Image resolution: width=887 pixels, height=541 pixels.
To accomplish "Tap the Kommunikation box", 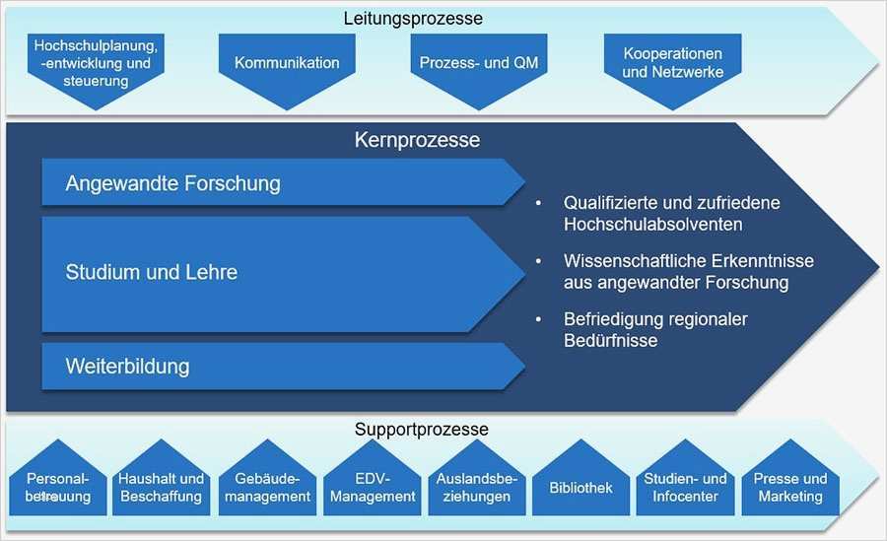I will pyautogui.click(x=287, y=63).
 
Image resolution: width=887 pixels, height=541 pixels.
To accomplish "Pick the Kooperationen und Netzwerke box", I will pyautogui.click(x=672, y=63).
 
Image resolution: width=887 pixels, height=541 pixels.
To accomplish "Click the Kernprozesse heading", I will pyautogui.click(x=417, y=140).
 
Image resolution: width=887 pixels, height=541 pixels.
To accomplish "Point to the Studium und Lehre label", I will pyautogui.click(x=152, y=272).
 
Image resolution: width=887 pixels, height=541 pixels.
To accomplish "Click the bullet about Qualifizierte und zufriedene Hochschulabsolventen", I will pyautogui.click(x=670, y=213).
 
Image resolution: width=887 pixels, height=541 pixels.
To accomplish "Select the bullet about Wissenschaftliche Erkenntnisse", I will pyautogui.click(x=675, y=272).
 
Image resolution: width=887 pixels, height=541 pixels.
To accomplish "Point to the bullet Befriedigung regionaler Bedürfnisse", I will pyautogui.click(x=655, y=330).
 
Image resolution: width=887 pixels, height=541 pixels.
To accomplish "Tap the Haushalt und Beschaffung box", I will pyautogui.click(x=162, y=487).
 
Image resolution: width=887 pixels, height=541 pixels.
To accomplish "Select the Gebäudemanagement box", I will pyautogui.click(x=267, y=487).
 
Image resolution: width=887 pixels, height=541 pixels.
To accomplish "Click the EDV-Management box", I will pyautogui.click(x=373, y=487).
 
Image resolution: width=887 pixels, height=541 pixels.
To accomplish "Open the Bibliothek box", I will pyautogui.click(x=580, y=487).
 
